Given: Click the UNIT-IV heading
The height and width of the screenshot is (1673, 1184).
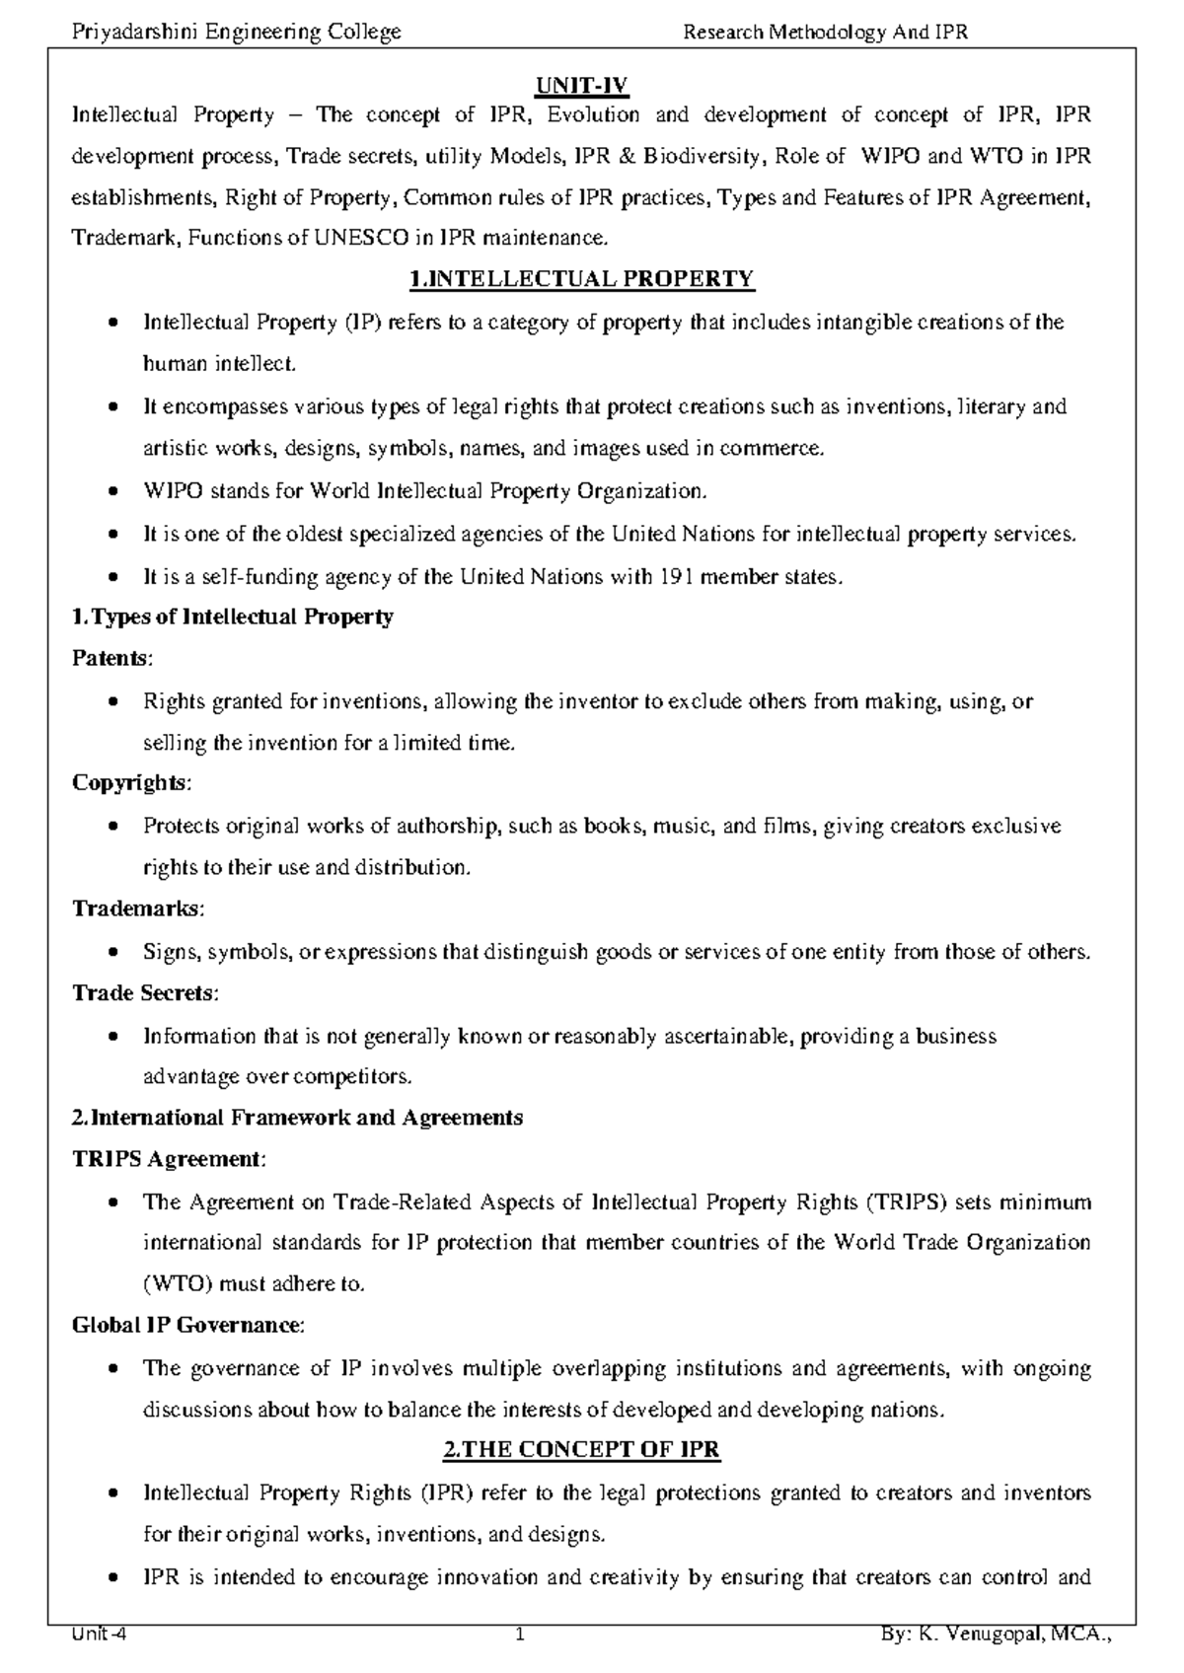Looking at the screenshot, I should (x=581, y=87).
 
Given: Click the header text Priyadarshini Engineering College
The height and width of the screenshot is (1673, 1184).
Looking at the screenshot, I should (x=237, y=33).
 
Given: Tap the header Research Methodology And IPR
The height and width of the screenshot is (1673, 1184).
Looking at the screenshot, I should (x=826, y=33).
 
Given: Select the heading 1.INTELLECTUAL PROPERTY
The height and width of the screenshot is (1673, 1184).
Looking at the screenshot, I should (x=581, y=279).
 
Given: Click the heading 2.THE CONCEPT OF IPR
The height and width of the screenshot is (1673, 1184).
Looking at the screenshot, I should (x=581, y=1450).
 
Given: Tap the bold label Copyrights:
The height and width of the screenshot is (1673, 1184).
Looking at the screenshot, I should (x=132, y=782).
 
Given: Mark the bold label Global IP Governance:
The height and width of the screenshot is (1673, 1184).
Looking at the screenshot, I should (x=188, y=1325).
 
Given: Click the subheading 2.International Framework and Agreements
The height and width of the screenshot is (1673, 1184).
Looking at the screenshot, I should (x=297, y=1118).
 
